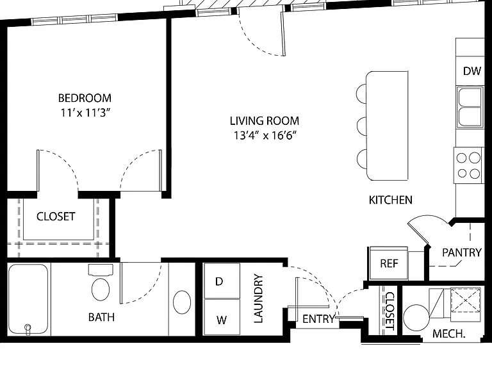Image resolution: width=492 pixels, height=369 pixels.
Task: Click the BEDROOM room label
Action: click(85, 98)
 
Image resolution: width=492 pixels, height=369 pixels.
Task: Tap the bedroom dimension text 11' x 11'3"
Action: click(86, 112)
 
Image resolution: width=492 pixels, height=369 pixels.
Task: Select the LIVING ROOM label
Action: click(265, 121)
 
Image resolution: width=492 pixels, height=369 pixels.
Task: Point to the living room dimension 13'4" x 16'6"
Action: click(265, 135)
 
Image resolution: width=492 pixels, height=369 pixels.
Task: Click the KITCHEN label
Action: click(390, 200)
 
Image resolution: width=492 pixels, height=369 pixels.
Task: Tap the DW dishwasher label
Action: click(472, 71)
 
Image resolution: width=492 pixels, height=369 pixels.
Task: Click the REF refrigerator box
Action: click(389, 263)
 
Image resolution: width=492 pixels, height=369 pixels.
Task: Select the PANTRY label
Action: click(461, 252)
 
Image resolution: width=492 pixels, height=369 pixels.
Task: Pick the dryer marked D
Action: click(222, 281)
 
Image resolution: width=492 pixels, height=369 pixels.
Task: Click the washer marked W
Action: click(222, 317)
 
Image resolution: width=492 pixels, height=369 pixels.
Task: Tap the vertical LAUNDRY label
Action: click(258, 299)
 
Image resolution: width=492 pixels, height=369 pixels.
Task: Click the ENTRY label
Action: click(318, 319)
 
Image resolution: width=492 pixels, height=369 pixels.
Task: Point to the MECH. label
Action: click(448, 334)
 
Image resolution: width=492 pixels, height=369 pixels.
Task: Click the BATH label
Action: click(101, 317)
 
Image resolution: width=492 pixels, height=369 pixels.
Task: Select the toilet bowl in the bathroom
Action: click(101, 290)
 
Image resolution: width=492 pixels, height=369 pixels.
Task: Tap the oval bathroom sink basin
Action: click(182, 302)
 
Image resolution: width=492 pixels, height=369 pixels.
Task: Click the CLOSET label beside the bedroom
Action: click(56, 217)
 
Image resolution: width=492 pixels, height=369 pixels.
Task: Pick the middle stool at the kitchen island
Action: click(362, 126)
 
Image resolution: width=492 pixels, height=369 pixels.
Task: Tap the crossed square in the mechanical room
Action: click(465, 300)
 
